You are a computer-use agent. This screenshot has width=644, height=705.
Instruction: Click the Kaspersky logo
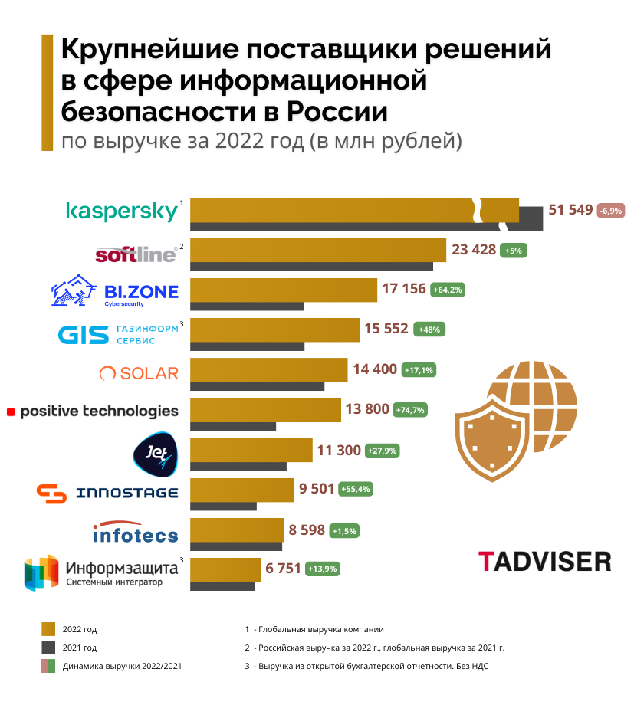tap(123, 211)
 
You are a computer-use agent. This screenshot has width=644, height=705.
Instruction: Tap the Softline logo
tap(136, 254)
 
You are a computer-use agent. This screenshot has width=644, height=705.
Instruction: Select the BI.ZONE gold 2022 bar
tap(284, 289)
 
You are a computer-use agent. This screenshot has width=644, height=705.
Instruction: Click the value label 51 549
tap(571, 210)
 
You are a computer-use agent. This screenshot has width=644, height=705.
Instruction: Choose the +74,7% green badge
tap(410, 410)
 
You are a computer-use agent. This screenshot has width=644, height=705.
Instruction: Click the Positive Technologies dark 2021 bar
tap(233, 426)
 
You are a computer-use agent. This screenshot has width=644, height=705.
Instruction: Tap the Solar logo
tap(139, 373)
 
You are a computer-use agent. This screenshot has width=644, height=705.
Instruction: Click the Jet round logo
tap(156, 453)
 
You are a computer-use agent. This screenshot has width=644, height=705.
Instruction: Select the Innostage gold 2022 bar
tap(242, 490)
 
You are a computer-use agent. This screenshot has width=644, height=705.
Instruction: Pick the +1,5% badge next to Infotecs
tap(344, 530)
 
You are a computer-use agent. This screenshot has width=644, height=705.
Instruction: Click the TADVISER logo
tap(544, 561)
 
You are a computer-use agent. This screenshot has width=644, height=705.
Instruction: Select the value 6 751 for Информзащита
tap(283, 569)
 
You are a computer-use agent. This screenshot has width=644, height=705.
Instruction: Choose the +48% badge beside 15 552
tap(429, 330)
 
